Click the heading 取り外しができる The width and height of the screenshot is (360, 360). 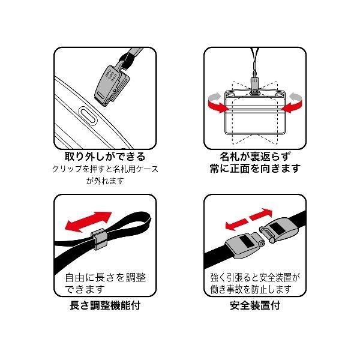point(105,157)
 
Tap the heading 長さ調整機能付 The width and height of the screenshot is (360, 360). point(105,305)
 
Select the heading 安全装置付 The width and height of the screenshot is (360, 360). point(255,305)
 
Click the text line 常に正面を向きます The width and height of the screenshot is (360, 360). point(255,168)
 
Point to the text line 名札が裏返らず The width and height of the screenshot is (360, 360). point(255,157)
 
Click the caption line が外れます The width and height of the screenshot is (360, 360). point(105,181)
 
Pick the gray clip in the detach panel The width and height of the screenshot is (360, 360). point(112,86)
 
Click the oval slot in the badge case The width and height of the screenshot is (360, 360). point(88,116)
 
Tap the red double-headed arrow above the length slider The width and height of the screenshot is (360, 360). point(88,222)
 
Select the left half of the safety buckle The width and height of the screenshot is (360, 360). point(245,245)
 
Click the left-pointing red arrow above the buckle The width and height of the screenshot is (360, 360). point(236,224)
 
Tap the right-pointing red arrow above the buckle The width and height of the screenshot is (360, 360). point(261,214)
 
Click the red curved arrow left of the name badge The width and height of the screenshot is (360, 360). point(218,103)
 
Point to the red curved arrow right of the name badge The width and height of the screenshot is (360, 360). point(292,103)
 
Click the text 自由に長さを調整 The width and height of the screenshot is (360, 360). point(106,278)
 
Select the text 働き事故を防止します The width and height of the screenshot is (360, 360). point(251,290)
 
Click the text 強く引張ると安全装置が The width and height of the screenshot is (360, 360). point(255,278)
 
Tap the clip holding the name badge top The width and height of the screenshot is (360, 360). point(254,86)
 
